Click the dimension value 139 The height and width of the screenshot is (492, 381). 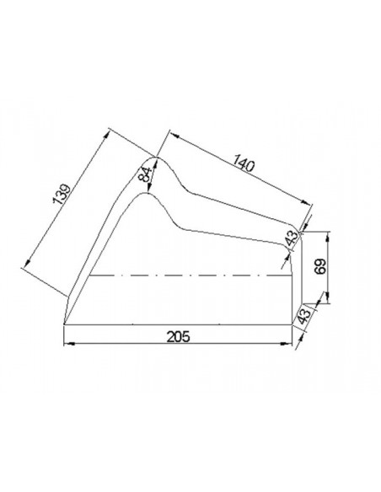[61, 195]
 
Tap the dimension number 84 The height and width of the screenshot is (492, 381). [144, 174]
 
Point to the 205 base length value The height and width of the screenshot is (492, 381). [178, 337]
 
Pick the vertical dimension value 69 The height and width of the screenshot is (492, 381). [320, 266]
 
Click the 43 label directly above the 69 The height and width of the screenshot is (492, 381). [292, 238]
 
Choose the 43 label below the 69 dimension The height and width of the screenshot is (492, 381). [303, 317]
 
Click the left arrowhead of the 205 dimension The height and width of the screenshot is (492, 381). [69, 344]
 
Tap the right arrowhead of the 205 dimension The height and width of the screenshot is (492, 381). [287, 344]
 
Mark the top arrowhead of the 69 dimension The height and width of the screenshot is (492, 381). [328, 237]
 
